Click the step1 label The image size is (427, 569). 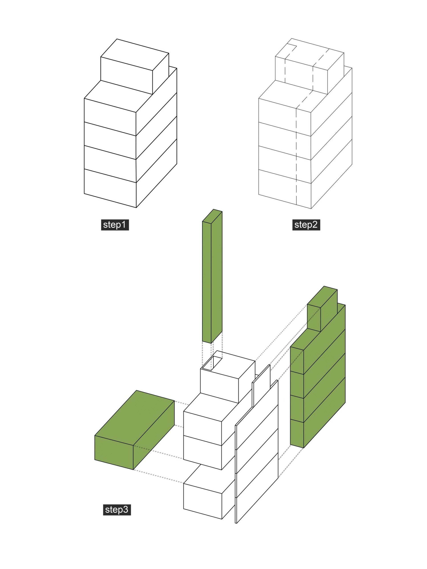[115, 225]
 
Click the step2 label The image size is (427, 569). [306, 225]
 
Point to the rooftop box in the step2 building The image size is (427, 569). [310, 66]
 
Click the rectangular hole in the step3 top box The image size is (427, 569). [212, 363]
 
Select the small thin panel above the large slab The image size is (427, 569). [261, 386]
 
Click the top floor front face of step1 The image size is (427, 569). [110, 117]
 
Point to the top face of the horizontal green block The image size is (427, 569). [135, 418]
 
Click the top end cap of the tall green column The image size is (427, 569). [212, 216]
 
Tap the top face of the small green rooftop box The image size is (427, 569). [322, 297]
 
